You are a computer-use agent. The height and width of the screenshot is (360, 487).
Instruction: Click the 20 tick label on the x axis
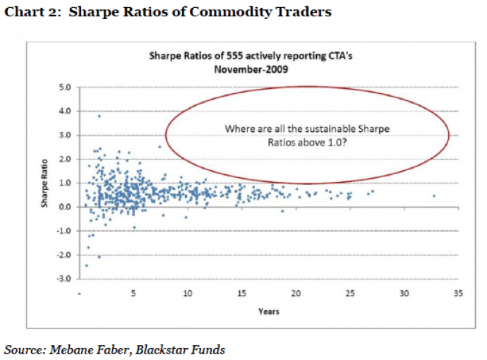coord(296,293)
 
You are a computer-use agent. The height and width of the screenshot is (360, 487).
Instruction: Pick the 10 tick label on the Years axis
coord(188,293)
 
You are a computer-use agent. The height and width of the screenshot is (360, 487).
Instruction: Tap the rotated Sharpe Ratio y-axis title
coord(44,185)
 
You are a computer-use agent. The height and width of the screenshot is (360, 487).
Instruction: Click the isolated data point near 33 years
coord(433,196)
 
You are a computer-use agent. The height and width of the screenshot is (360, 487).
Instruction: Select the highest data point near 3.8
coord(99,116)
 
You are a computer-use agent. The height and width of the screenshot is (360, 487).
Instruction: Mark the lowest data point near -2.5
coord(86,265)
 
